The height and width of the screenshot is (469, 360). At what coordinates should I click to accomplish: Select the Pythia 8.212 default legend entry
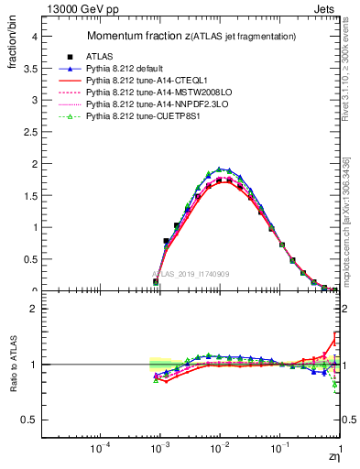(x=131, y=69)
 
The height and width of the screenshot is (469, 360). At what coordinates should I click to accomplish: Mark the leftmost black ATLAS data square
(x=156, y=282)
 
